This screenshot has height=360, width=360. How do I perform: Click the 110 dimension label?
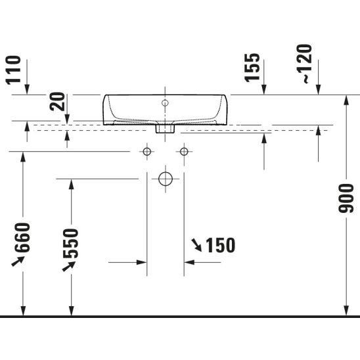pyautogui.click(x=13, y=70)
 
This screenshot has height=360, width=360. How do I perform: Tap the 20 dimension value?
pyautogui.click(x=57, y=101)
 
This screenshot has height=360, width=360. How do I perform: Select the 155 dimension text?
pyautogui.click(x=252, y=68)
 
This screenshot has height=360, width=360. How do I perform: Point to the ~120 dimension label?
pyautogui.click(x=304, y=64)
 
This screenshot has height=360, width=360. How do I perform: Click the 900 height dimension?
pyautogui.click(x=346, y=198)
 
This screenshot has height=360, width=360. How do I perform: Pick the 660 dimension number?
pyautogui.click(x=22, y=237)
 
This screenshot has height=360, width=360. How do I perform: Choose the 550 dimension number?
pyautogui.click(x=70, y=243)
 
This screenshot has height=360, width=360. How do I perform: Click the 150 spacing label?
pyautogui.click(x=221, y=245)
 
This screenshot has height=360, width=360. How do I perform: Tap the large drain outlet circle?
pyautogui.click(x=166, y=179)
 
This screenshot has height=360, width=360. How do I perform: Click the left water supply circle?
pyautogui.click(x=147, y=152)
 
